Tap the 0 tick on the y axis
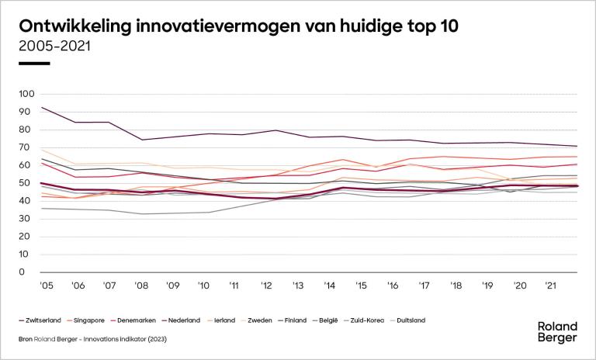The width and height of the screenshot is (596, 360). tap(32, 272)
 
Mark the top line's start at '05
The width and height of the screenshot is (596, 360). tap(40, 107)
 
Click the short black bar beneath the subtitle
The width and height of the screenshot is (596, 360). tap(33, 63)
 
